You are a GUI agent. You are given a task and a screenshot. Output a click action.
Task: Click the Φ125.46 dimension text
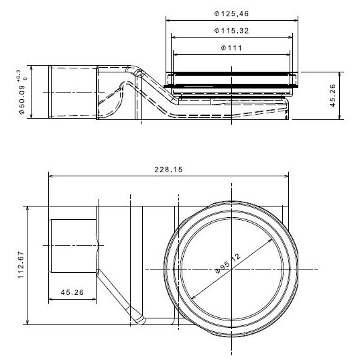tap(231, 13)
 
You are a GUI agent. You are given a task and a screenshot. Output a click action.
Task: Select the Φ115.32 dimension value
tap(231, 31)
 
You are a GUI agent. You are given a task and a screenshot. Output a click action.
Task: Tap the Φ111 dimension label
tap(231, 48)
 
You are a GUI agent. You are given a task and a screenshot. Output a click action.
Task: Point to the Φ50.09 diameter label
tap(22, 100)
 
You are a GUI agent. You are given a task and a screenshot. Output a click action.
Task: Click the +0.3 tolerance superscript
tap(19, 76)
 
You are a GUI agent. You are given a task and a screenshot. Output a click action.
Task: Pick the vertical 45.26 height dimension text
tap(332, 95)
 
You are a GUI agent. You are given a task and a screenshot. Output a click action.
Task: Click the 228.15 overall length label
tap(168, 170)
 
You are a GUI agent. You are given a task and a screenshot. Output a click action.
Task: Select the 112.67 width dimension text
tap(21, 265)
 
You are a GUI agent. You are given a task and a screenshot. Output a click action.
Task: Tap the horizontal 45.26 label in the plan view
tap(72, 292)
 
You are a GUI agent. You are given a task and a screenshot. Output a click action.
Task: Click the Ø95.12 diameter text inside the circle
tap(227, 263)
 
